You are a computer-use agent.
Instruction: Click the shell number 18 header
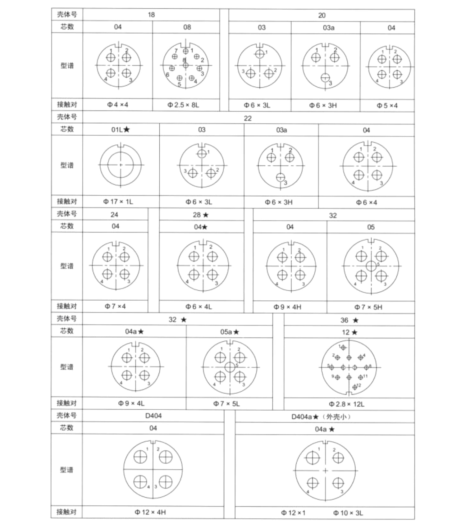pos(151,15)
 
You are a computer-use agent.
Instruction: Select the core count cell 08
pos(187,27)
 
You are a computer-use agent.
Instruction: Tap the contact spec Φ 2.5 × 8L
pos(183,105)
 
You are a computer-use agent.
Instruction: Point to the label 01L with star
pos(121,130)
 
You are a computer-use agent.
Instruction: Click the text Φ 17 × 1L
pos(118,202)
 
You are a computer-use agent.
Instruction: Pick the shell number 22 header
pos(248,118)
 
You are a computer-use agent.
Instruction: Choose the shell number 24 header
pos(114,215)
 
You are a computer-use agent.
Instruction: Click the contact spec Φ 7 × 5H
pos(368,307)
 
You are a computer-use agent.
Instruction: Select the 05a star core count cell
pos(230,332)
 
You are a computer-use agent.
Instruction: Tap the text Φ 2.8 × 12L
pos(346,404)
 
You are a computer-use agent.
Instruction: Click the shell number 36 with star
pos(349,320)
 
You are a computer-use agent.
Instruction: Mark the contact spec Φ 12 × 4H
pos(150,512)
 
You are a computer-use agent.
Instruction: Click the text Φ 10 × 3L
pos(348,513)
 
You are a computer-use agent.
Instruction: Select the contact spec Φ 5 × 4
pos(387,106)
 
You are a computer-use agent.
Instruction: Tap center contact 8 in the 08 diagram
pos(185,66)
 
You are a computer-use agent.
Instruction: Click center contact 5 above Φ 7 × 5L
pos(230,367)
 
